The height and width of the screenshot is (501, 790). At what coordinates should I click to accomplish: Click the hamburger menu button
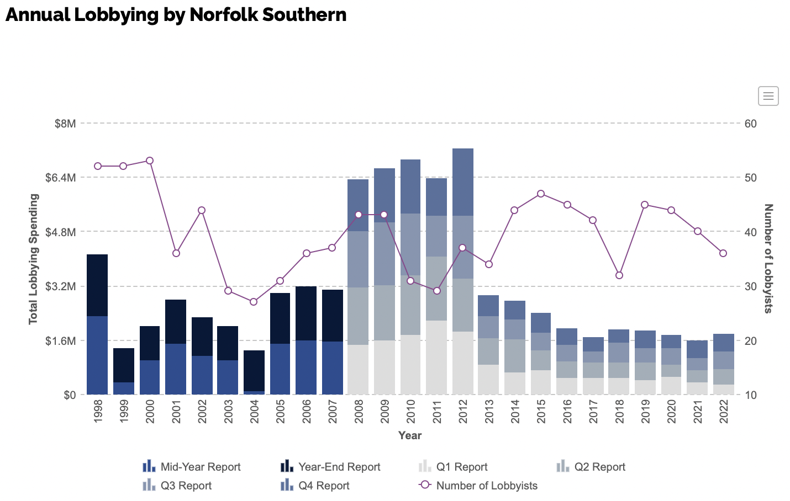pyautogui.click(x=768, y=96)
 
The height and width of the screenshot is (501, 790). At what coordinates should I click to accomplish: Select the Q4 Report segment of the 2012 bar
pyautogui.click(x=463, y=182)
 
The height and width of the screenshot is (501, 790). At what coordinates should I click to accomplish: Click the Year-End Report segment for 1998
pyautogui.click(x=97, y=285)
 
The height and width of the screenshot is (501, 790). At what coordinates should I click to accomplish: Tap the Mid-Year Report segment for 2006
pyautogui.click(x=306, y=367)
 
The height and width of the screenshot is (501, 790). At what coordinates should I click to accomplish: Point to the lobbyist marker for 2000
pyautogui.click(x=150, y=161)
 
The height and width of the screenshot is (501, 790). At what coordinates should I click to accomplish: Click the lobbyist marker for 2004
pyautogui.click(x=254, y=302)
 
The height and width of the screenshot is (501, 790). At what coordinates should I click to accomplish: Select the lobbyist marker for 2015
pyautogui.click(x=541, y=194)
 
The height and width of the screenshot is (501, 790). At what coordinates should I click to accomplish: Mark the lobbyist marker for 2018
pyautogui.click(x=619, y=275)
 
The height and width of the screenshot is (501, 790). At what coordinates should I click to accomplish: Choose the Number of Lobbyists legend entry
pyautogui.click(x=478, y=486)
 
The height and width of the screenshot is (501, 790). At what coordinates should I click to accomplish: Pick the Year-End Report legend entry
pyautogui.click(x=330, y=467)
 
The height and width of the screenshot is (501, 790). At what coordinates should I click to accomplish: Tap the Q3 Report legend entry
pyautogui.click(x=177, y=486)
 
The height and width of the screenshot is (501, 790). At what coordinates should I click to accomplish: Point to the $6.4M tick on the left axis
pyautogui.click(x=61, y=178)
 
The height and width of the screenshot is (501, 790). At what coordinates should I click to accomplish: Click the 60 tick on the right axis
pyautogui.click(x=750, y=124)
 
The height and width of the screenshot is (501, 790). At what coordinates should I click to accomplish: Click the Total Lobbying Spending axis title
pyautogui.click(x=34, y=259)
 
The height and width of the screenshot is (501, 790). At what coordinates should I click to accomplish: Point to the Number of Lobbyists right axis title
pyautogui.click(x=768, y=259)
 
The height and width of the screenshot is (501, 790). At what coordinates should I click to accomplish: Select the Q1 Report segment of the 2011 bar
pyautogui.click(x=436, y=358)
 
